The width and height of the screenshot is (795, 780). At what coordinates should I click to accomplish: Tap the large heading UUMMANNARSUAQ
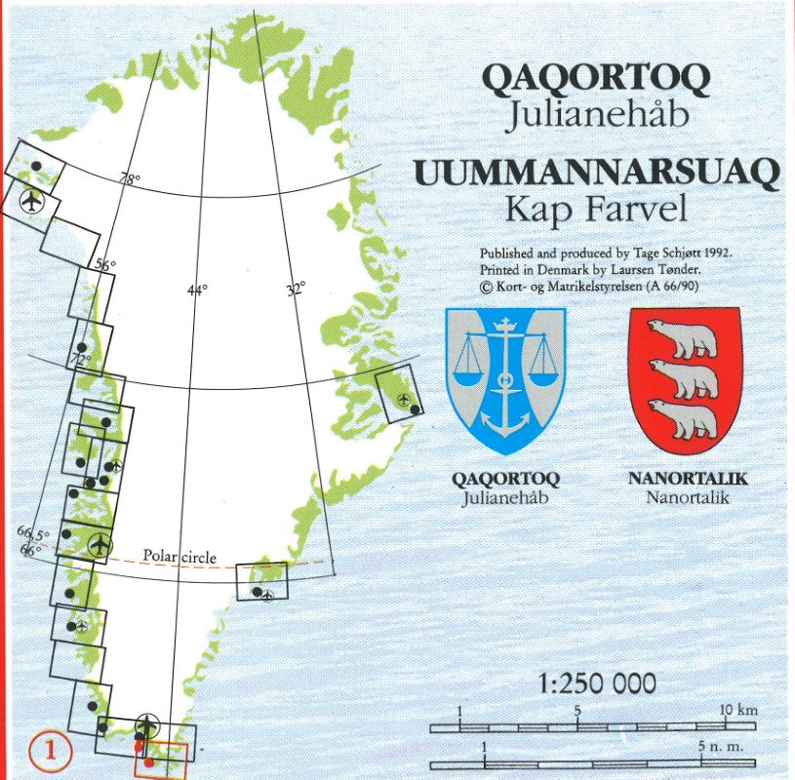(x=597, y=173)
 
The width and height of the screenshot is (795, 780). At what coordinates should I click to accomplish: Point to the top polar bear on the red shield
(x=684, y=338)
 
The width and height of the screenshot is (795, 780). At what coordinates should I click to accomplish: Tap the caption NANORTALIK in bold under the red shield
(x=687, y=480)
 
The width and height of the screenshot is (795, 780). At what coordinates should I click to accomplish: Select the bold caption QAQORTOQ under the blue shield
(x=504, y=480)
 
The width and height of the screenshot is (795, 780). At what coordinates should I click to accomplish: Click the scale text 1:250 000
(x=597, y=683)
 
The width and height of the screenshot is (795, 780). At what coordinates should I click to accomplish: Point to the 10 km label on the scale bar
(x=738, y=710)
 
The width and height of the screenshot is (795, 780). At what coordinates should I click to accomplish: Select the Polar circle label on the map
(x=179, y=557)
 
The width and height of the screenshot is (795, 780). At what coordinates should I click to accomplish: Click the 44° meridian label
(x=198, y=290)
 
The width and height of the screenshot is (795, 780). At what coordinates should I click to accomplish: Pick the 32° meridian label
(x=296, y=289)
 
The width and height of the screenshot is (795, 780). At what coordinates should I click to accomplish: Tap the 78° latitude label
(x=130, y=179)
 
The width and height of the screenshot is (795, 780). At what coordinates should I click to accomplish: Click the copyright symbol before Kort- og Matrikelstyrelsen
(x=486, y=286)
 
